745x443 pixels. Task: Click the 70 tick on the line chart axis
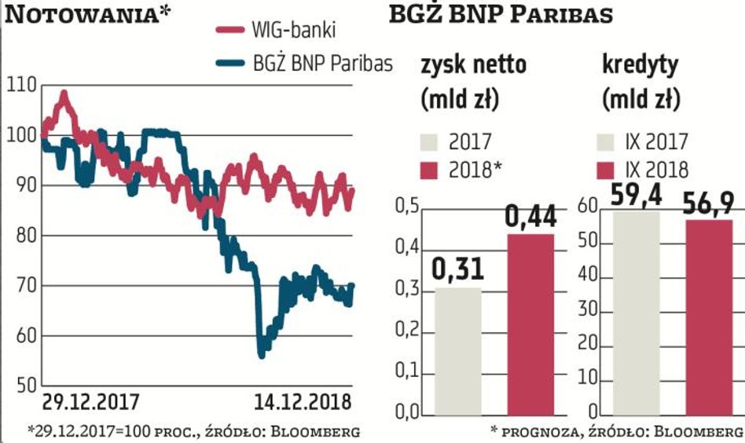pyautogui.click(x=20, y=286)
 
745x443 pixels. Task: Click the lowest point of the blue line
pyautogui.click(x=261, y=356)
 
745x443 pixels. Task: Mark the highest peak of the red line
pyautogui.click(x=64, y=93)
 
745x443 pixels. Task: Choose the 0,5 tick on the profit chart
pyautogui.click(x=406, y=207)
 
